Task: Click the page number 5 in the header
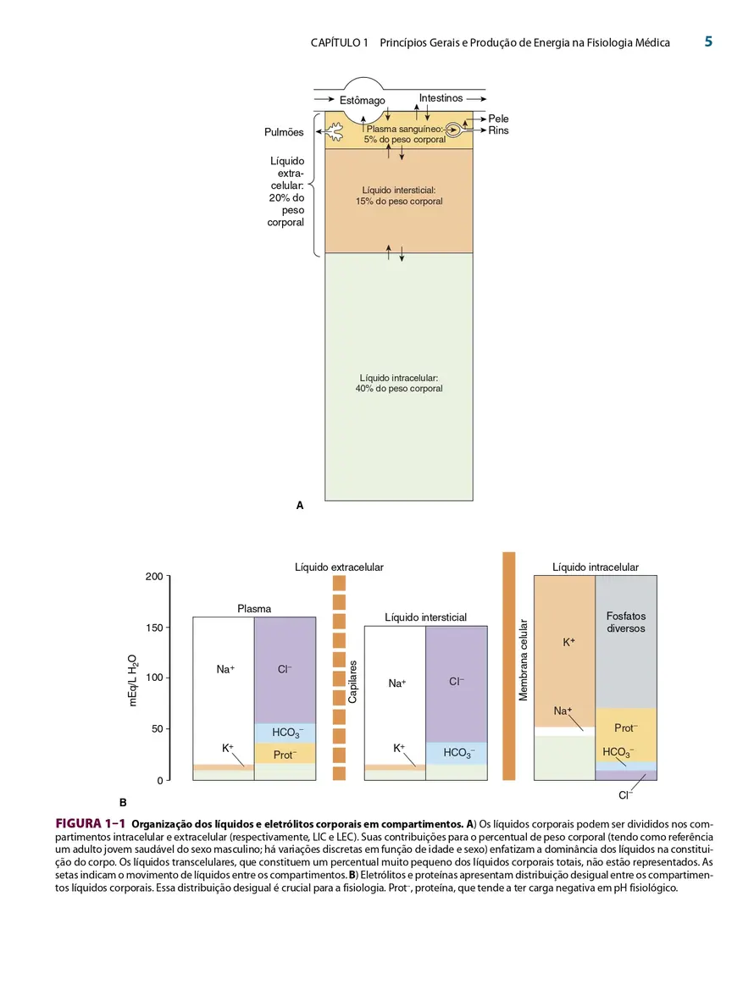pyautogui.click(x=708, y=41)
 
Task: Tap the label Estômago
pyautogui.click(x=363, y=100)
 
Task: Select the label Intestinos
pyautogui.click(x=441, y=98)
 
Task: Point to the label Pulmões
pyautogui.click(x=284, y=132)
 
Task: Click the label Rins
pyautogui.click(x=498, y=130)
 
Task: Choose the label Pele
pyautogui.click(x=498, y=119)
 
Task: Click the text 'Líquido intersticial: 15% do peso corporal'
pyautogui.click(x=399, y=196)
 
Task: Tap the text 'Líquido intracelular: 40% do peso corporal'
pyautogui.click(x=399, y=384)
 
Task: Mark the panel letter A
pyautogui.click(x=299, y=506)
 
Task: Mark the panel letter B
pyautogui.click(x=123, y=802)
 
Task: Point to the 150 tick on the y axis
pyautogui.click(x=154, y=628)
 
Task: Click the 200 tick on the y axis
pyautogui.click(x=154, y=577)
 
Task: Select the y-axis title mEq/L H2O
pyautogui.click(x=133, y=680)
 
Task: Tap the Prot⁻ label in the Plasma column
pyautogui.click(x=285, y=755)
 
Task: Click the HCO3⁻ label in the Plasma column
pyautogui.click(x=285, y=732)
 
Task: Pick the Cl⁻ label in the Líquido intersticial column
pyautogui.click(x=457, y=682)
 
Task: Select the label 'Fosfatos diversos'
pyautogui.click(x=626, y=622)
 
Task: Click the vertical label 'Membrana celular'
pyautogui.click(x=524, y=661)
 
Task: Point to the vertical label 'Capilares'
pyautogui.click(x=352, y=682)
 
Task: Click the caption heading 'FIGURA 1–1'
pyautogui.click(x=91, y=824)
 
